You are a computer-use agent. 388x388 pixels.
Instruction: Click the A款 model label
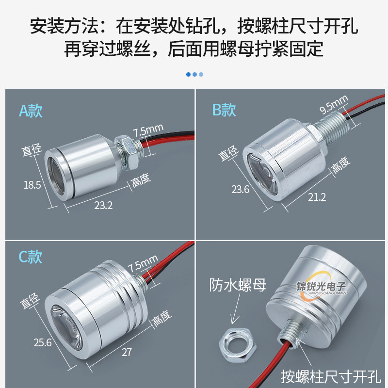tap(31, 111)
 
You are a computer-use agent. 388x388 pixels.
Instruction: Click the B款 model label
tap(224, 110)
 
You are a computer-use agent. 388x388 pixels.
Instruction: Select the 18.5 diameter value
tap(32, 184)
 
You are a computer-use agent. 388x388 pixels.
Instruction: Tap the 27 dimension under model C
tap(127, 353)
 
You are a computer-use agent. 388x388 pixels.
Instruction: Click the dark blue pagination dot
tap(189, 74)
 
